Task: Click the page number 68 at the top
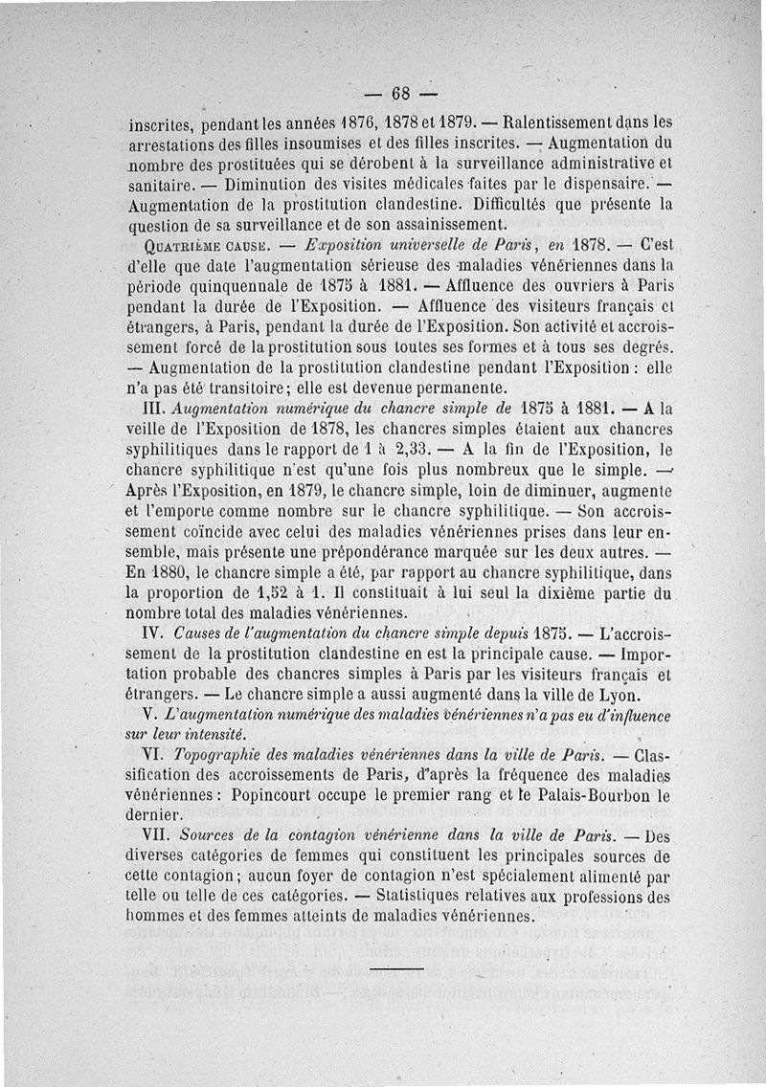pos(400,94)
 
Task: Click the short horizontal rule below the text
pos(395,969)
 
